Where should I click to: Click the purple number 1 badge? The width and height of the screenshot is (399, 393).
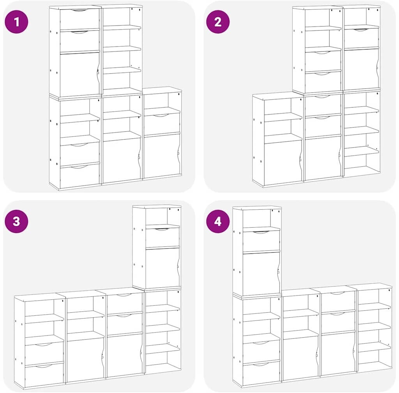tap(16, 21)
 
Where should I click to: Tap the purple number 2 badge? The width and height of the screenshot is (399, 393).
tap(218, 21)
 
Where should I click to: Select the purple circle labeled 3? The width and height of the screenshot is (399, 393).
tap(16, 221)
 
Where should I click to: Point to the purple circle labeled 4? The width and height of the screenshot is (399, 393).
tap(218, 221)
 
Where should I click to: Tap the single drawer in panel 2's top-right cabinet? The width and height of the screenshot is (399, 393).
tap(361, 38)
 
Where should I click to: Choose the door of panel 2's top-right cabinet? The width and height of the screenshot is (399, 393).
tap(361, 69)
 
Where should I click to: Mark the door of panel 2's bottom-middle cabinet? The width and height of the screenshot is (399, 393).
tap(323, 158)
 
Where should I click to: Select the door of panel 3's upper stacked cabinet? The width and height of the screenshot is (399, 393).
tap(162, 269)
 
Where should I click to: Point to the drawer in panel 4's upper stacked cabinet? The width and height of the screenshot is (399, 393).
tap(261, 241)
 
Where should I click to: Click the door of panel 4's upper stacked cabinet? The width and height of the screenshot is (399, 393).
tap(261, 274)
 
